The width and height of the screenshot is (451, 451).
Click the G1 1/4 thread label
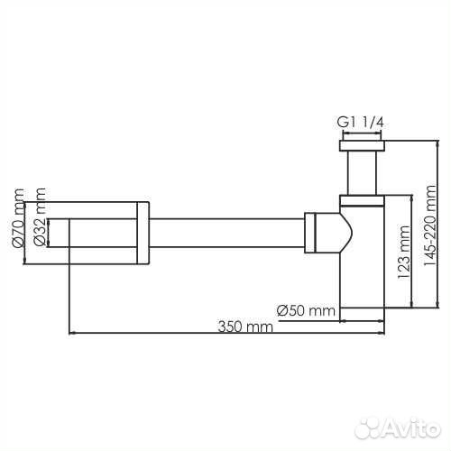coord(360,123)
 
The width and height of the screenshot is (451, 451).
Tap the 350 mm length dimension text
coord(245,327)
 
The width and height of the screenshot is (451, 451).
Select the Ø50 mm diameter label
coord(306,310)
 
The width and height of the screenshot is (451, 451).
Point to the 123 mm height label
coord(403,252)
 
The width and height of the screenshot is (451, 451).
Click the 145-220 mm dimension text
coord(429,225)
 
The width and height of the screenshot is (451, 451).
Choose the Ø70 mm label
coord(18,217)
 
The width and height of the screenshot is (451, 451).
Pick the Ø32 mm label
coord(40,217)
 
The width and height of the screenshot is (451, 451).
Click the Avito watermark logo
coord(398,428)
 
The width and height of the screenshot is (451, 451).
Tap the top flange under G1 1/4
coord(362,145)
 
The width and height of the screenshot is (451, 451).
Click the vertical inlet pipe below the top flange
coord(362,173)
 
